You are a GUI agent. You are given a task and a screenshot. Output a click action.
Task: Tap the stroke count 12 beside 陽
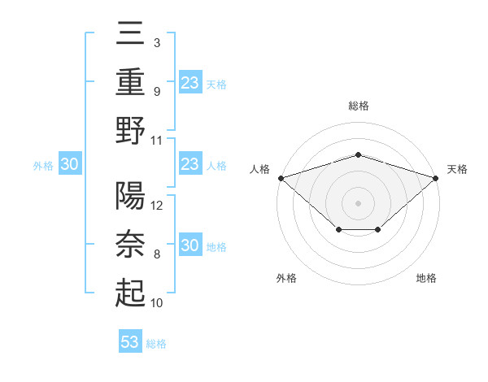(x=158, y=206)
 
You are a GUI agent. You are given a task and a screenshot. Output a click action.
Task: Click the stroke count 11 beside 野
(x=158, y=140)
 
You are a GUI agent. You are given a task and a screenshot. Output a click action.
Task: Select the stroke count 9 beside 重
(x=157, y=91)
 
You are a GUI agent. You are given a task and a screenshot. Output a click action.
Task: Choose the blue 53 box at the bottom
(x=130, y=341)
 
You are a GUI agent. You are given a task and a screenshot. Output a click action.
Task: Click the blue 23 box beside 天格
(x=190, y=82)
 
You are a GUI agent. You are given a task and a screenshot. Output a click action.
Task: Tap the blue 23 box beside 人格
(x=190, y=164)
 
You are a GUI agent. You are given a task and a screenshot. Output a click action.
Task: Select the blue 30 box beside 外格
(x=70, y=164)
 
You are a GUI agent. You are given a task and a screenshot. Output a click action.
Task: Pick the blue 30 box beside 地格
(x=190, y=246)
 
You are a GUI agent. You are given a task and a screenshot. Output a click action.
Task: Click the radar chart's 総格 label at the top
(x=359, y=106)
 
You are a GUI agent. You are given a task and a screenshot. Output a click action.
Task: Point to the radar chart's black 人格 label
(x=260, y=169)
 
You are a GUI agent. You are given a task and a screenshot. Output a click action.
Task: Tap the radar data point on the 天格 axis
(x=436, y=177)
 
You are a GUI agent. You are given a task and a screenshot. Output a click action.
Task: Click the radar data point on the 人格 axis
(x=281, y=177)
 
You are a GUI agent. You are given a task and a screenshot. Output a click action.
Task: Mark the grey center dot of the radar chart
(x=358, y=202)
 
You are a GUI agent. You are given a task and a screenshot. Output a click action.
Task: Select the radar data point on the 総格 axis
(x=358, y=154)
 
